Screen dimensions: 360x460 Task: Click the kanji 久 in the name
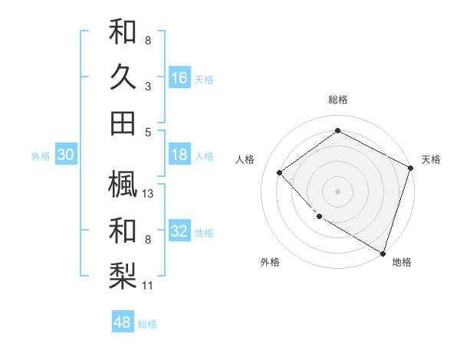pos(123,77)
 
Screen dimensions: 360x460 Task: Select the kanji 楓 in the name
pos(123,183)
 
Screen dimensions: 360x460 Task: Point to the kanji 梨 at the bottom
pos(123,276)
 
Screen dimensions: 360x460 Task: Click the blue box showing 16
pos(179,78)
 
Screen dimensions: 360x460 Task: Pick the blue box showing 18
pos(179,155)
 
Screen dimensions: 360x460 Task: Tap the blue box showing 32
pos(179,231)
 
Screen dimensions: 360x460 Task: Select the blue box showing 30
pos(65,155)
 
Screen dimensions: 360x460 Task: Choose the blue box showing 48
pos(123,322)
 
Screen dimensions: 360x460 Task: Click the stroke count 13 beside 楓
pos(149,193)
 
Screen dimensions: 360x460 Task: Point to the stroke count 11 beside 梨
pos(149,286)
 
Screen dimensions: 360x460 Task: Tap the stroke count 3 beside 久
pos(148,87)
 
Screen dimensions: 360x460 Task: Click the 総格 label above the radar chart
pos(338,100)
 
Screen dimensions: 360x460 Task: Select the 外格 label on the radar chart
pos(270,262)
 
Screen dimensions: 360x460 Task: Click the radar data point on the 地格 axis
pos(383,252)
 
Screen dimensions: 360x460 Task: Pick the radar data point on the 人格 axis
pos(280,172)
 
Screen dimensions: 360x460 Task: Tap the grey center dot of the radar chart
pos(337,191)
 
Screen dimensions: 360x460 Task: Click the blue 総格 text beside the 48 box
pos(147,324)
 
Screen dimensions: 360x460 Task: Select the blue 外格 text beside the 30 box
pos(41,155)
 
